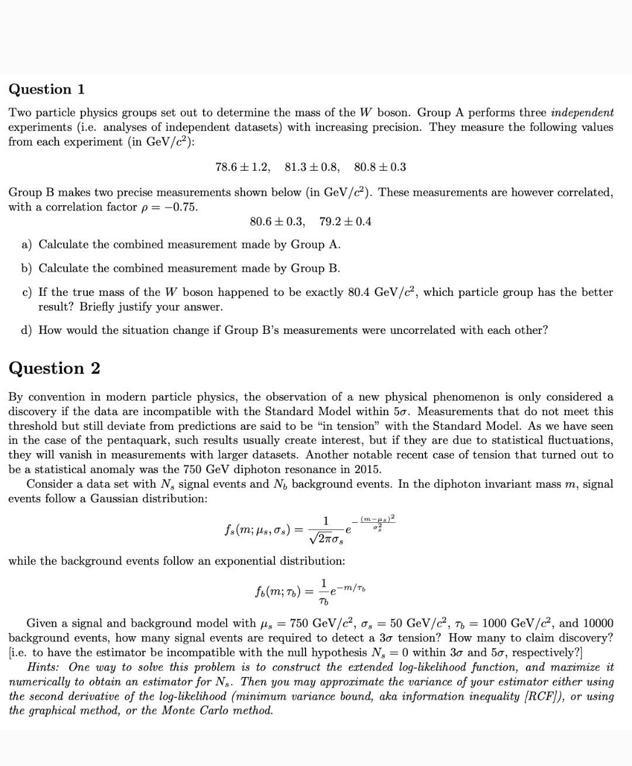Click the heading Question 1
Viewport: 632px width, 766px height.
coord(47,89)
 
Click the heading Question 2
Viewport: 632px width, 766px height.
coord(54,368)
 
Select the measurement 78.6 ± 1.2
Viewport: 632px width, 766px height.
coord(243,167)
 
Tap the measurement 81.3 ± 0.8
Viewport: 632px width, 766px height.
coord(312,167)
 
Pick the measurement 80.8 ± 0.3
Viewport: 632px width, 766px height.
coord(380,167)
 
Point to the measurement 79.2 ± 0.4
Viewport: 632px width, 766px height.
coord(346,222)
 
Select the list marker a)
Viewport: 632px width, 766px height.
coord(26,245)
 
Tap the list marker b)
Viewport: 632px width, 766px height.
coord(26,269)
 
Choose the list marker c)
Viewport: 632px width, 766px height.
coord(26,292)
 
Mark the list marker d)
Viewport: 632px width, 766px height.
coord(26,330)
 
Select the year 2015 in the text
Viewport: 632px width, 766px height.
coord(367,470)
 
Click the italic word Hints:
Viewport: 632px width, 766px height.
coord(46,667)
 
